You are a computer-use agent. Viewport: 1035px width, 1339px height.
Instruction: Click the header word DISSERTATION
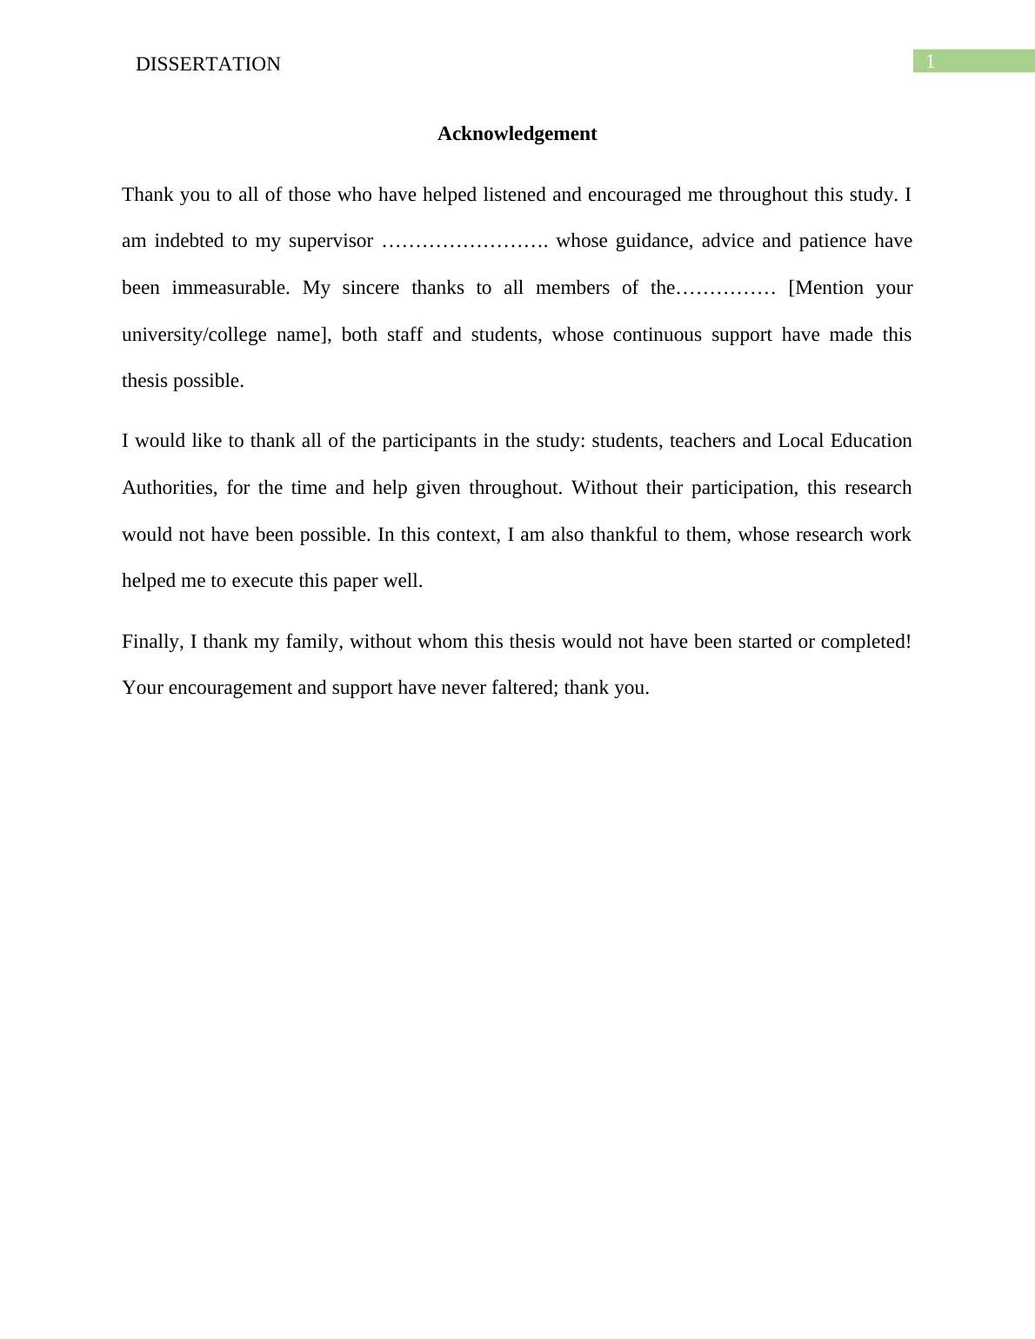[x=208, y=64]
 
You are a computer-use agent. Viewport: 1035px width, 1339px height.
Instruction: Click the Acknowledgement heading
[x=517, y=134]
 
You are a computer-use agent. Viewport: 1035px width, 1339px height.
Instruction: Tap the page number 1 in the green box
[x=930, y=62]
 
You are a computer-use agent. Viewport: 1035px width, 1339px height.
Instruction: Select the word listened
[x=514, y=195]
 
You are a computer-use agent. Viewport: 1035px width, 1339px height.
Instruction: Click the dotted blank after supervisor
[x=464, y=242]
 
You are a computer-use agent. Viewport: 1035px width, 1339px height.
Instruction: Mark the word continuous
[x=657, y=335]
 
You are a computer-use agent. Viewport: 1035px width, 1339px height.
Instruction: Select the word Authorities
[x=169, y=488]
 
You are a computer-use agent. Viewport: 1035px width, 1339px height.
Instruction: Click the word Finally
[x=152, y=642]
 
